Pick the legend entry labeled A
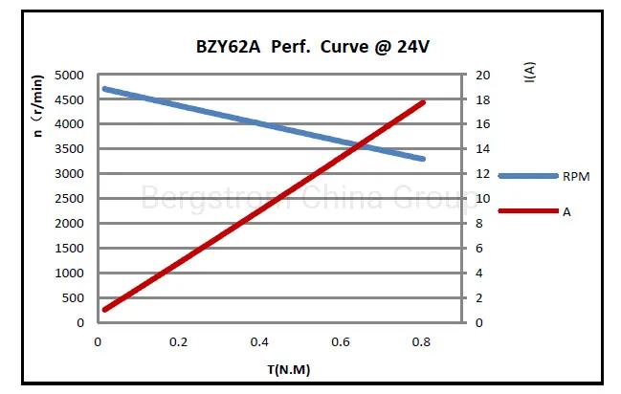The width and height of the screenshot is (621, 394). pyautogui.click(x=566, y=211)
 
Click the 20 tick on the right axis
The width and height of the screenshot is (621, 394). pyautogui.click(x=483, y=75)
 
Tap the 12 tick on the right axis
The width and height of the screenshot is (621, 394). pyautogui.click(x=483, y=174)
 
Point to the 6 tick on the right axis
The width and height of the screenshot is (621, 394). pyautogui.click(x=480, y=249)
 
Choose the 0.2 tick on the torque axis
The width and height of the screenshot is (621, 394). pyautogui.click(x=178, y=341)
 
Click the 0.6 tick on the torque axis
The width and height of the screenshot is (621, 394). pyautogui.click(x=341, y=341)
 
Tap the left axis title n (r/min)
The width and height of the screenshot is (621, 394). pyautogui.click(x=38, y=107)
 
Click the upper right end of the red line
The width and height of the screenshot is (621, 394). pyautogui.click(x=423, y=101)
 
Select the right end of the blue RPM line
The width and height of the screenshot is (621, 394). pyautogui.click(x=423, y=159)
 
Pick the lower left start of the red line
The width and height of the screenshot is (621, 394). pyautogui.click(x=104, y=309)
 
